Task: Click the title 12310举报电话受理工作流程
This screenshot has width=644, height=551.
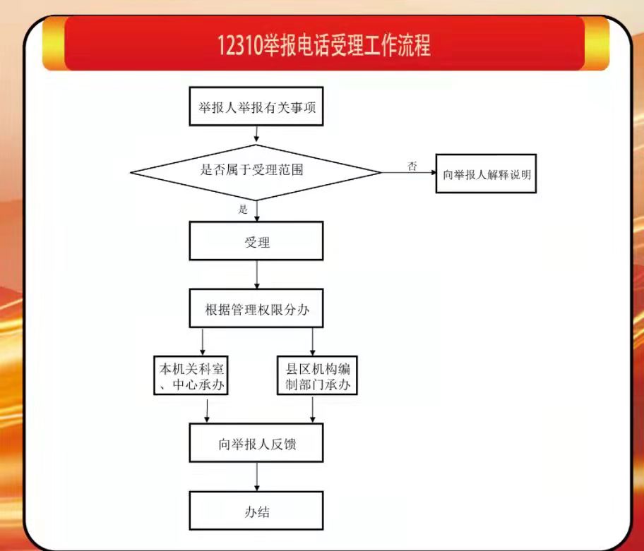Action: [324, 44]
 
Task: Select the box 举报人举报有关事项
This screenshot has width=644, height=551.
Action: [256, 107]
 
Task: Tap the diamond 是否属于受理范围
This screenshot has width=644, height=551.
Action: [256, 172]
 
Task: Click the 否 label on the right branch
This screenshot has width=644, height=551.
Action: [412, 166]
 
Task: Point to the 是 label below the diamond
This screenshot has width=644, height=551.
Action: [243, 210]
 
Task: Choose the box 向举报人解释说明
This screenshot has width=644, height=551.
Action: [486, 174]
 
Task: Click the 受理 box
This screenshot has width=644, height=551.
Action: [256, 241]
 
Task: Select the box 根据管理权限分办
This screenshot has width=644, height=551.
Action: [256, 308]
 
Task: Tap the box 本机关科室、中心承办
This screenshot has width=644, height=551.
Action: [191, 376]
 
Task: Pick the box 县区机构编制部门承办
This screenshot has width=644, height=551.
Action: [318, 376]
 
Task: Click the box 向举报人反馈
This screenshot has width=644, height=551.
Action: [256, 443]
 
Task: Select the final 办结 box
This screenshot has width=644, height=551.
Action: [256, 511]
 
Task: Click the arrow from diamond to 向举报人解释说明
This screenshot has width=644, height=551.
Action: [409, 172]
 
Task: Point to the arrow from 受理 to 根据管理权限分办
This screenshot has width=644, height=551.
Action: [257, 274]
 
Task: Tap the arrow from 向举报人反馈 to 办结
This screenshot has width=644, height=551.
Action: [257, 477]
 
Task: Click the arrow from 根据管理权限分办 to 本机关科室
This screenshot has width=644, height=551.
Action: [203, 341]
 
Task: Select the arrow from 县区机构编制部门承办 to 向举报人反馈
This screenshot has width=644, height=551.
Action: [313, 409]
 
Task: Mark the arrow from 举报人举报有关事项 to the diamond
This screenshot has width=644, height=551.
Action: [256, 135]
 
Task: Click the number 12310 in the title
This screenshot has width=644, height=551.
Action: [240, 45]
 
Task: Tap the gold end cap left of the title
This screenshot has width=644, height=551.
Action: [54, 44]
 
